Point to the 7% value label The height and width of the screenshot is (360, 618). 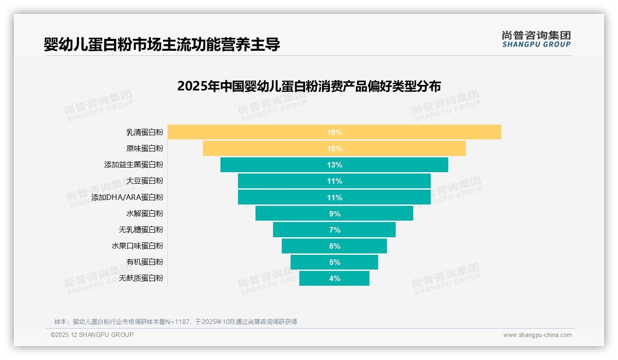point(334,230)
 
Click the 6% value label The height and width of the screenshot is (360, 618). point(334,246)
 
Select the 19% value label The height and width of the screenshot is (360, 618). point(334,132)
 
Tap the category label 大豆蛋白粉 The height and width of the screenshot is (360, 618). point(144,181)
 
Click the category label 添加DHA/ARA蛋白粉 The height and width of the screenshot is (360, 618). point(127,197)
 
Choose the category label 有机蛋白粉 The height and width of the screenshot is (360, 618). point(144,262)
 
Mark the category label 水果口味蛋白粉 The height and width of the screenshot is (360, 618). point(137,246)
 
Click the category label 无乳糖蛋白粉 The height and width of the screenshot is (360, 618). point(141,229)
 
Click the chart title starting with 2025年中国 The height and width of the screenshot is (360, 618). point(309,86)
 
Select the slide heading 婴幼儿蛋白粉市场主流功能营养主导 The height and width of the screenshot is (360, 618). point(162,45)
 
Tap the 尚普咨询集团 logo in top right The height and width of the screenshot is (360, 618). point(536,39)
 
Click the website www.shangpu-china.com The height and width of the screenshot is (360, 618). point(537,335)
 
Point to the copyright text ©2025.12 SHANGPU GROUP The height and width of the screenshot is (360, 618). point(92,335)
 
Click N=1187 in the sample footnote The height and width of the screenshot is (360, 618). point(178,322)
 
